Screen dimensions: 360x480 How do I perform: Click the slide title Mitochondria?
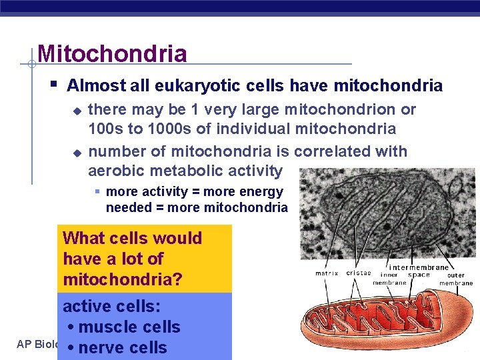(x=112, y=53)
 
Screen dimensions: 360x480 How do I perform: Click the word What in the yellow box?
(x=85, y=238)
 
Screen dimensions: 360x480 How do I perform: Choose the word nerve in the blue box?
(x=105, y=348)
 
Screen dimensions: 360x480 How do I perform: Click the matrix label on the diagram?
(x=327, y=273)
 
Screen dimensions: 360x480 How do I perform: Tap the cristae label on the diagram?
(x=358, y=273)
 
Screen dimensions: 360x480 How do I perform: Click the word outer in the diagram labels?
(x=456, y=275)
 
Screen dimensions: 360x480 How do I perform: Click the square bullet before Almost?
(x=53, y=85)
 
